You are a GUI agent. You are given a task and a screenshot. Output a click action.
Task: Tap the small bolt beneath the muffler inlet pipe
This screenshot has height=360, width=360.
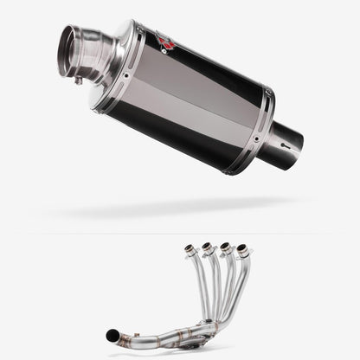point(79,80)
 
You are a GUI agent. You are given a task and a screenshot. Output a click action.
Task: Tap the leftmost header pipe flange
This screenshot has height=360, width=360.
point(189,250)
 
